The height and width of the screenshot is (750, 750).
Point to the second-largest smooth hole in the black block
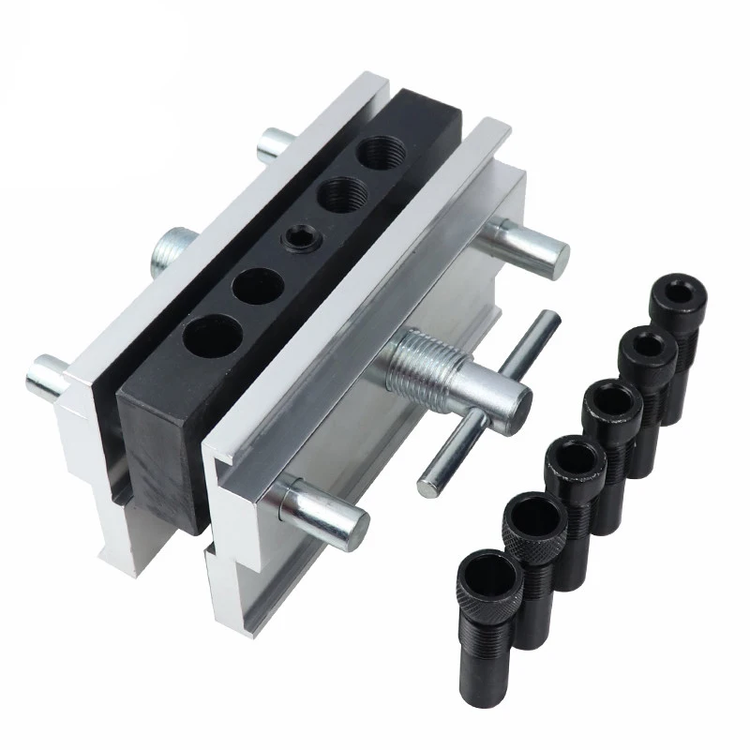pos(259,284)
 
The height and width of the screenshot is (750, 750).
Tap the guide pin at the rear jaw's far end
pos(275,144)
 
